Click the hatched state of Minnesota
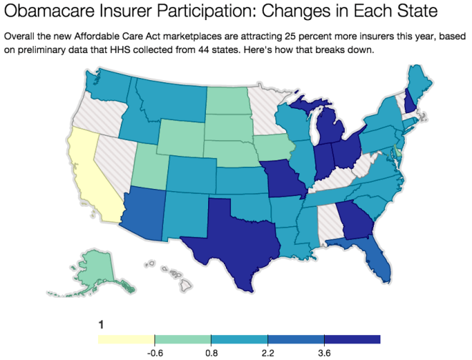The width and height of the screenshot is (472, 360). coord(268,115)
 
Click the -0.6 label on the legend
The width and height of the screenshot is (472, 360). coord(154,352)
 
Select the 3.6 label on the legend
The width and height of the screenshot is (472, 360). coord(324,352)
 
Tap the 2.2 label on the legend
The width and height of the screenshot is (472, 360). coord(267,352)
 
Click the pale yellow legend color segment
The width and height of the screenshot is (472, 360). coord(127,339)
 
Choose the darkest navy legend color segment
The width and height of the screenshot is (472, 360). coord(352,339)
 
